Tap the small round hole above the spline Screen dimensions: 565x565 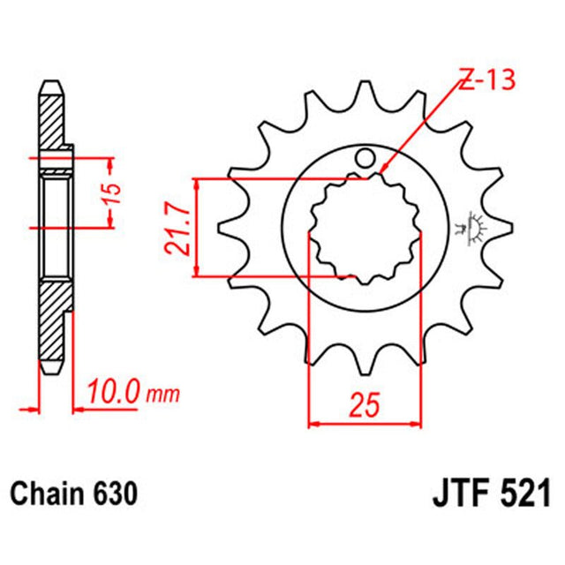click(364, 160)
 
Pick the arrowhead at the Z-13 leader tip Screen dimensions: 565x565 click(386, 169)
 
